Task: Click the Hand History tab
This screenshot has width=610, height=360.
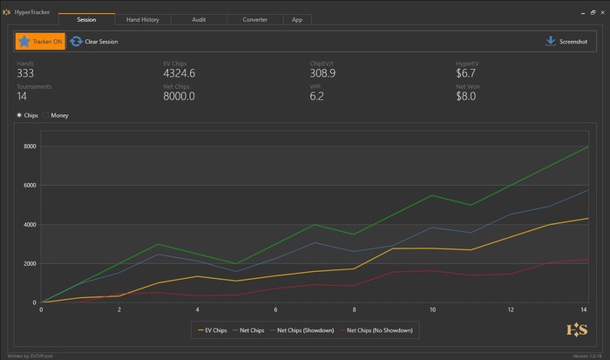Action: [x=143, y=18]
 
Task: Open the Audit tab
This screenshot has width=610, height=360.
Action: [x=199, y=18]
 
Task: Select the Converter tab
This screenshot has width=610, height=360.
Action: [x=254, y=18]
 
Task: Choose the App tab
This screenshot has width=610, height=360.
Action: [x=297, y=18]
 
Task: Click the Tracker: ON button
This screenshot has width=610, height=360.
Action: [x=40, y=41]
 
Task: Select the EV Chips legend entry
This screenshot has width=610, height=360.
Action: [x=213, y=330]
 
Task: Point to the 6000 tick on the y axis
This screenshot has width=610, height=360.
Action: [x=30, y=185]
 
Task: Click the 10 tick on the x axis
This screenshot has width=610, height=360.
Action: [x=433, y=309]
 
